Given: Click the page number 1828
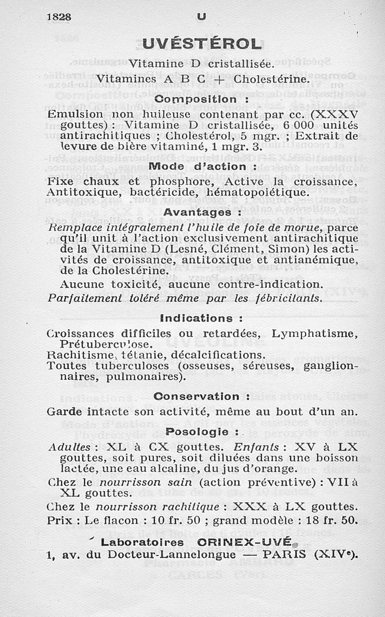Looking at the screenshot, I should tap(59, 16).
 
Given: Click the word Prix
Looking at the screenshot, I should tap(60, 520).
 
